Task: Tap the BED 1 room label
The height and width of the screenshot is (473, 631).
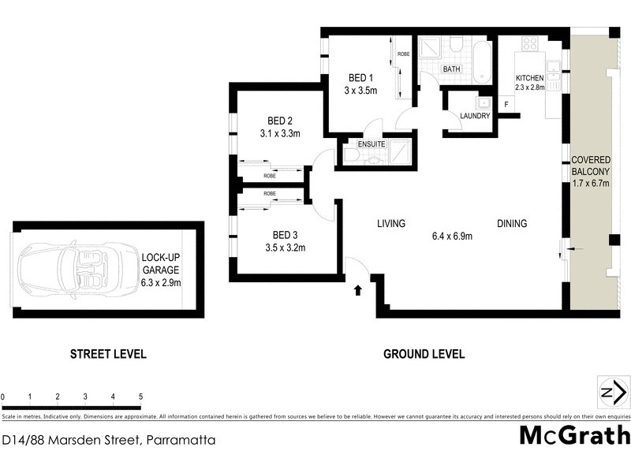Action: point(361,78)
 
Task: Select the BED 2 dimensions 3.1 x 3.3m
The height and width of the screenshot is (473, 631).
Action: point(280,134)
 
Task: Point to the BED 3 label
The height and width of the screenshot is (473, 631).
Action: point(285,235)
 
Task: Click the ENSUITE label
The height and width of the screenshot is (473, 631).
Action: point(372,144)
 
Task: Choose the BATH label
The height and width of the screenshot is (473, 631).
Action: point(451,69)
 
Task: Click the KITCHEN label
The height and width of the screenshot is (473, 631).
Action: point(529,78)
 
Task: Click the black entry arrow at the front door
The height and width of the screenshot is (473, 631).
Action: point(358,290)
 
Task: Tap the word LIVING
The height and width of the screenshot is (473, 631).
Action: point(390,224)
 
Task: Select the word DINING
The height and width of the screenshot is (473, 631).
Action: point(512,224)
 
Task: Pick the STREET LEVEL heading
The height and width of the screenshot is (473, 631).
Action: point(108,354)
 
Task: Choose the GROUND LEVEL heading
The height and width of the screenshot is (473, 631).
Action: point(424,354)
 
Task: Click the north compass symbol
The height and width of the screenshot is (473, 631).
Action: point(613,392)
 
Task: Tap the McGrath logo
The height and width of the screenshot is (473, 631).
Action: point(574,435)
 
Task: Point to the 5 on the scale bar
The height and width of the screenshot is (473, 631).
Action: point(140,397)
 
